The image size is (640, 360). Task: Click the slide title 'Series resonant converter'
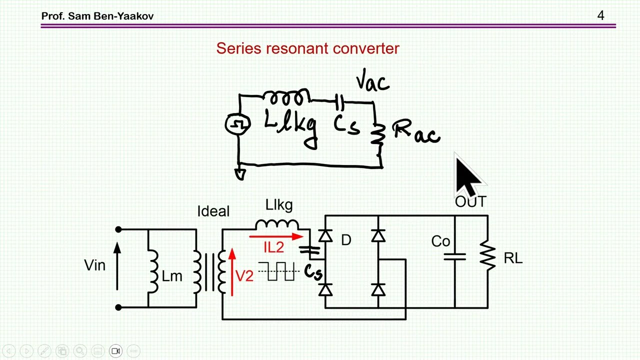307,48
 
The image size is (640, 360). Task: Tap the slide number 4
600,15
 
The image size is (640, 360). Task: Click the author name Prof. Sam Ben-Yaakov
97,16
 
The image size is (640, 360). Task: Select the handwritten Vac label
372,80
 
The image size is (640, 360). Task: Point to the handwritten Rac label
416,131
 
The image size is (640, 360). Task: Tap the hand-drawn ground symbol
240,174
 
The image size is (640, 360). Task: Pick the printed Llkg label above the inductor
279,205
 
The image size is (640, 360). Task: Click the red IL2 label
273,247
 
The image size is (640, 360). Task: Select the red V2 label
244,276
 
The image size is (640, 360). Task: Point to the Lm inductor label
172,276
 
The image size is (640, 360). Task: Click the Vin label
95,265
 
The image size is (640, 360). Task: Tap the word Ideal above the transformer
213,211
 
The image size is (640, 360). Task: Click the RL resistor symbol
487,255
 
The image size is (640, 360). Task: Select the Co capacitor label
440,241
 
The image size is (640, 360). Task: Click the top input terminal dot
118,229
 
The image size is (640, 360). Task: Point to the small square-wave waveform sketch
279,271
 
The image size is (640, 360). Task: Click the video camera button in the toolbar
115,351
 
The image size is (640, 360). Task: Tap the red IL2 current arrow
276,236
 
